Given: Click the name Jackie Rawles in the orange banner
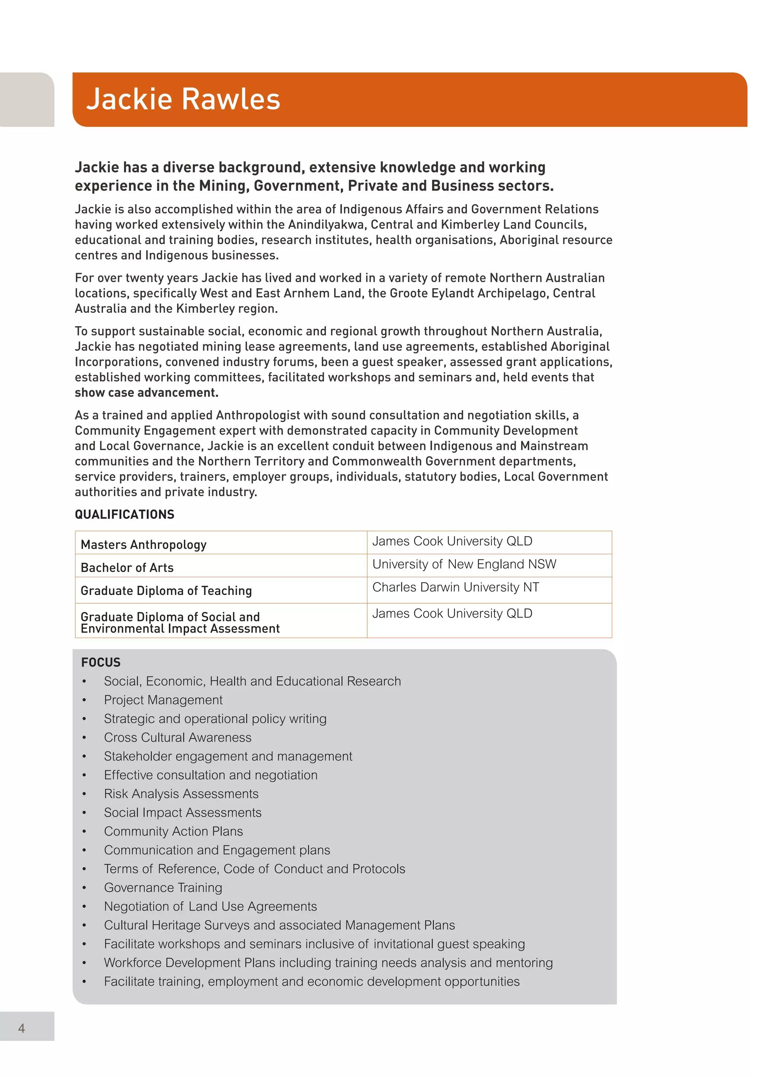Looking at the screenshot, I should pos(183,99).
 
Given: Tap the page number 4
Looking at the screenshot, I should pos(22,1028).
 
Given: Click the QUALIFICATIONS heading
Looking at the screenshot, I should pos(124,515).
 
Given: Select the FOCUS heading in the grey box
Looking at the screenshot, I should pos(101,662).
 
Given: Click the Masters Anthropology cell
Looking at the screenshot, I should pos(144,544).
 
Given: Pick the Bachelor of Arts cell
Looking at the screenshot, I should pos(127,568).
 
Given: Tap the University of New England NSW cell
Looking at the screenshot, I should pos(464,564).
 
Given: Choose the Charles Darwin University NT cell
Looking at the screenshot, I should pos(456,587).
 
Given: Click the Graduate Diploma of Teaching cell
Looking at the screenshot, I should pos(166,591).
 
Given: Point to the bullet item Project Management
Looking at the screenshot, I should pos(163,700).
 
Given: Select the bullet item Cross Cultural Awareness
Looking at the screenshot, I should pos(177,737).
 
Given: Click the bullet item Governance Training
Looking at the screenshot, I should pos(163,887).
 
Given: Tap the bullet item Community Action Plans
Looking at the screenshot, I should pos(173,831).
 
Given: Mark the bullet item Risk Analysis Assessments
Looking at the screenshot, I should pos(181,794).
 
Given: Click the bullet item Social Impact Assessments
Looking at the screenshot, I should pos(183,813).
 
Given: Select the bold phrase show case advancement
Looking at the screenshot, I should pos(146,393).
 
